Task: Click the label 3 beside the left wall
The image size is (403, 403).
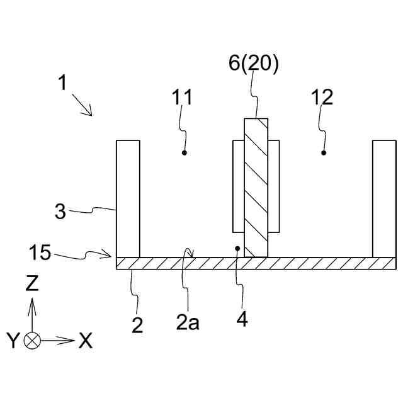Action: pos(60,211)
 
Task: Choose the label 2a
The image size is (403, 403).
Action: pos(187,323)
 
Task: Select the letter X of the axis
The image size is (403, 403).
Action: pos(86,341)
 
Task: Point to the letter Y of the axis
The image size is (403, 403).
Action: pos(13,341)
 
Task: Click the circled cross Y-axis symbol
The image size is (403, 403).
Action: pos(32,341)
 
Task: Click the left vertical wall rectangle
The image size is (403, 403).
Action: pos(127,198)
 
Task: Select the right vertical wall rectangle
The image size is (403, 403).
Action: pos(383,198)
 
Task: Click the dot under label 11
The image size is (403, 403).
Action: pos(184,152)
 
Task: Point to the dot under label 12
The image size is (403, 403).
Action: pos(324,152)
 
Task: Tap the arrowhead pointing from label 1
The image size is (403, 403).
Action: pos(90,113)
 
